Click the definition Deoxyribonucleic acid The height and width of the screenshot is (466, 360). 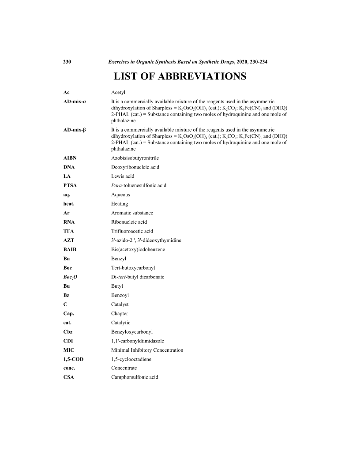pos(135,167)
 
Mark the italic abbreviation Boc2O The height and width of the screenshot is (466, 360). pos(71,277)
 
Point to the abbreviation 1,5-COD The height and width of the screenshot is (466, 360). pos(73,359)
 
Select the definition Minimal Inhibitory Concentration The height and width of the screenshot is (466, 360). pos(147,350)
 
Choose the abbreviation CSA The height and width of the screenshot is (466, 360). pos(68,378)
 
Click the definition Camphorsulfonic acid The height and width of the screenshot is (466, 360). pos(135,378)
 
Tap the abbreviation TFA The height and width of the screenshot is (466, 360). pos(69,231)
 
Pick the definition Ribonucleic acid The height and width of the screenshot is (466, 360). pos(129,222)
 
